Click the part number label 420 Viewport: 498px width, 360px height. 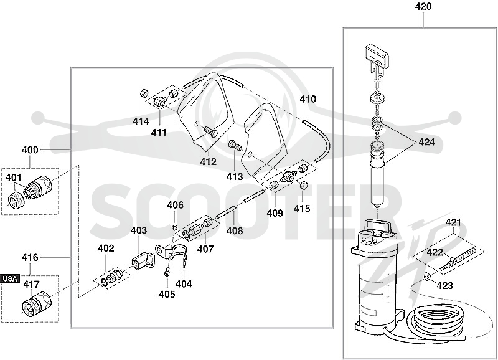pyautogui.click(x=423, y=6)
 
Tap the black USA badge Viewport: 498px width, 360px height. pyautogui.click(x=10, y=278)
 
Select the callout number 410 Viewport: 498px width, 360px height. pyautogui.click(x=308, y=99)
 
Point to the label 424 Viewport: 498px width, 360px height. pyautogui.click(x=426, y=142)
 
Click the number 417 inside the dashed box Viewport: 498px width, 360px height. pyautogui.click(x=31, y=284)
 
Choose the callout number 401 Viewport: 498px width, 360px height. pyautogui.click(x=13, y=178)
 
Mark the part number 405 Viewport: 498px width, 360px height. pyautogui.click(x=167, y=295)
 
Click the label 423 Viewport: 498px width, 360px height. pyautogui.click(x=444, y=286)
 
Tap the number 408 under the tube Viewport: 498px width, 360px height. pyautogui.click(x=235, y=230)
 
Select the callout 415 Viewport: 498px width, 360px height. pyautogui.click(x=302, y=209)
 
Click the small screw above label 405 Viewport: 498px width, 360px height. pyautogui.click(x=166, y=272)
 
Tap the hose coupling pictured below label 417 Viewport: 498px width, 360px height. pyautogui.click(x=35, y=303)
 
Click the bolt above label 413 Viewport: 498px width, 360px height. pyautogui.click(x=235, y=146)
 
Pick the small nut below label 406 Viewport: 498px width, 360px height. pyautogui.click(x=174, y=227)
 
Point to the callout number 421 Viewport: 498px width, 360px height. pyautogui.click(x=453, y=222)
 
